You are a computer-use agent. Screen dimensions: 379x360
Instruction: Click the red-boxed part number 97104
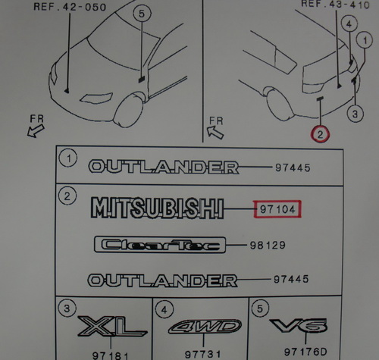(x=277, y=209)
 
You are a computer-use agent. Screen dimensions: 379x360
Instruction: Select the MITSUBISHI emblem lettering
(x=157, y=208)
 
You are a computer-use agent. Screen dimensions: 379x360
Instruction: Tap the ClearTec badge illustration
(x=160, y=245)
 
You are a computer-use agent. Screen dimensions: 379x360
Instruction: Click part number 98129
(x=268, y=246)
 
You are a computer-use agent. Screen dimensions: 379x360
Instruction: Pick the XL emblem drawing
(x=112, y=327)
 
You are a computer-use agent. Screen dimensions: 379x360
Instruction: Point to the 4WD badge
(x=205, y=327)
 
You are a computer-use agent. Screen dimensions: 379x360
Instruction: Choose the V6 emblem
(x=299, y=325)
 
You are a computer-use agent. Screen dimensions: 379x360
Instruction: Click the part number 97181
(x=110, y=355)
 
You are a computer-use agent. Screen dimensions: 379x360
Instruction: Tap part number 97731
(x=203, y=355)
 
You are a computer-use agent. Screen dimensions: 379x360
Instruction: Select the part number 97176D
(x=305, y=352)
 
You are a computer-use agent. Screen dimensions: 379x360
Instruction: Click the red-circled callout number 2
(x=320, y=134)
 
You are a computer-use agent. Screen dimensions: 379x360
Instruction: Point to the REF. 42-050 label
(x=70, y=7)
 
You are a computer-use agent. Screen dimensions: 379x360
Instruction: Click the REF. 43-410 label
(x=335, y=4)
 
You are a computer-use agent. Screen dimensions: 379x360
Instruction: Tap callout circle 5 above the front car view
(x=142, y=14)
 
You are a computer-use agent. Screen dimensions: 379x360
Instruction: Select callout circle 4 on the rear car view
(x=349, y=24)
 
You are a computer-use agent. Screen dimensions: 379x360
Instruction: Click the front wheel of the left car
(x=128, y=109)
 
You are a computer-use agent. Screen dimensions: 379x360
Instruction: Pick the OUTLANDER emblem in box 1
(x=164, y=167)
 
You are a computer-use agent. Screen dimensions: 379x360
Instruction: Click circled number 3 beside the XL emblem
(x=67, y=308)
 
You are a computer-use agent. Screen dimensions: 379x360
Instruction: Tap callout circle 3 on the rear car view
(x=356, y=114)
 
